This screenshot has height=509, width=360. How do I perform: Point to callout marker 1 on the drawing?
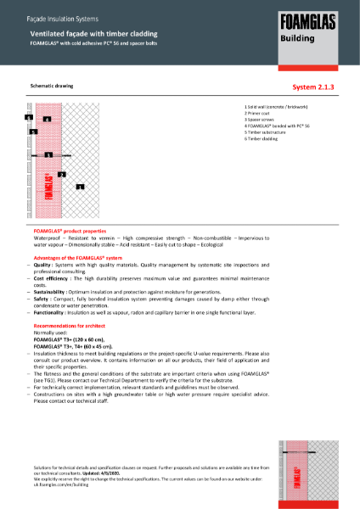click(x=80, y=186)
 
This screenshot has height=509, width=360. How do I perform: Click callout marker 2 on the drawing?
click(x=61, y=174)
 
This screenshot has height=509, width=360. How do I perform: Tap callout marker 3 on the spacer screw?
click(x=48, y=155)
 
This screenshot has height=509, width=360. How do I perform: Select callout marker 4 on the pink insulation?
click(x=47, y=120)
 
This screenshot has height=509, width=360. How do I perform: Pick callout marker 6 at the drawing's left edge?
click(x=28, y=117)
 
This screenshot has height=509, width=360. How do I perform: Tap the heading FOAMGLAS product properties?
click(x=70, y=231)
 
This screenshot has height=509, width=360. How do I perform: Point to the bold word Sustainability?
click(x=53, y=289)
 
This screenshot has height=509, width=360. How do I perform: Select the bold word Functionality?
click(x=52, y=312)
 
